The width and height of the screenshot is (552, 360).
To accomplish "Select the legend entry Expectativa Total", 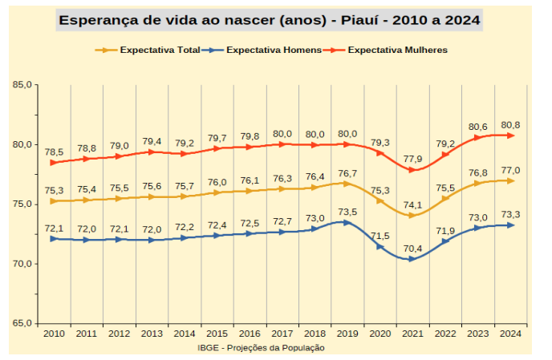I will coord(156,50).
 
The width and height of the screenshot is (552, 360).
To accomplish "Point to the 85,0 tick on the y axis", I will coord(22,84).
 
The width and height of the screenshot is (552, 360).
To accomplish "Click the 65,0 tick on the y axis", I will coord(22,323).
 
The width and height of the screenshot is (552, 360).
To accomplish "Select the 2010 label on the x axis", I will coord(54,334).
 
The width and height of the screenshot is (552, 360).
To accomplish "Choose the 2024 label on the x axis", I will coord(510,334).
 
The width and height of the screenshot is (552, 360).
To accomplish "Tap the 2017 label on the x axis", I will coord(282,334).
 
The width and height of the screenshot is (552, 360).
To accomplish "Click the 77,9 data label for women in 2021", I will coord(413,159).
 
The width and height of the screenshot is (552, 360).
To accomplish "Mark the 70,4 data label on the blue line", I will coord(412,249).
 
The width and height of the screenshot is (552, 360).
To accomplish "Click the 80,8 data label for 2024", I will coord(510,125).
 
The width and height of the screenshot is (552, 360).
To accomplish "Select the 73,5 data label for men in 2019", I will coord(347,212).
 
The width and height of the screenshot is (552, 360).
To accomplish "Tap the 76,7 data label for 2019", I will coord(347,173).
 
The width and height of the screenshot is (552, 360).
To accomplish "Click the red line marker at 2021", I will coord(412,170).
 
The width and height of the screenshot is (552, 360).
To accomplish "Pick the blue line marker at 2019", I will coord(347,222).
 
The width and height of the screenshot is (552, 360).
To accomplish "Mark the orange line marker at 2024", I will coord(510,180).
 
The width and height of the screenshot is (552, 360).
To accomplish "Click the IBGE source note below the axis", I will coord(261,347).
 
